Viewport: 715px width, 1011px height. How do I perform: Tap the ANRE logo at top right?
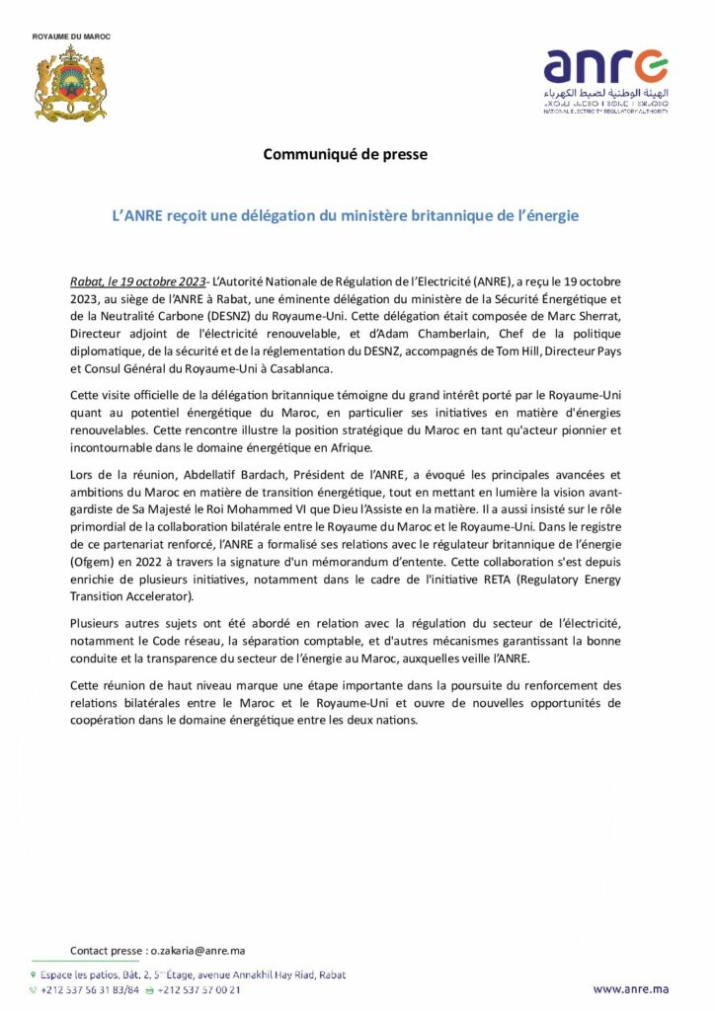pos(605,79)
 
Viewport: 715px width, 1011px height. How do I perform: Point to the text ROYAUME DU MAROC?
pos(71,37)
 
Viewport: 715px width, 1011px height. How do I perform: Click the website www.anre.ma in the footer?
pos(631,988)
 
